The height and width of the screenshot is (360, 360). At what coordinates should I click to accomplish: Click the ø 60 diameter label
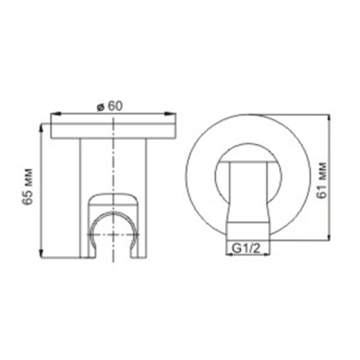(x=110, y=106)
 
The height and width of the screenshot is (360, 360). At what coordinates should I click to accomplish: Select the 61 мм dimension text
(x=322, y=181)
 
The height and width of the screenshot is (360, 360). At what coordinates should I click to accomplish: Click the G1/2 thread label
(x=247, y=248)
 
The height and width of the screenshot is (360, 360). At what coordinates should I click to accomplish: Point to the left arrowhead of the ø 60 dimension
(x=56, y=113)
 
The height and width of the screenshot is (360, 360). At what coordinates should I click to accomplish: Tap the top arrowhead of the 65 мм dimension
(x=41, y=129)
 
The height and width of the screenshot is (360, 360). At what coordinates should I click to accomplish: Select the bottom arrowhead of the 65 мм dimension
(x=41, y=252)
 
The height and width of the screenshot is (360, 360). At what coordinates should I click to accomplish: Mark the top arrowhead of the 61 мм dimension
(x=329, y=120)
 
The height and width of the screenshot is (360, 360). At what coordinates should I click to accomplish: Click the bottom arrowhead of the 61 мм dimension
(x=329, y=235)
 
